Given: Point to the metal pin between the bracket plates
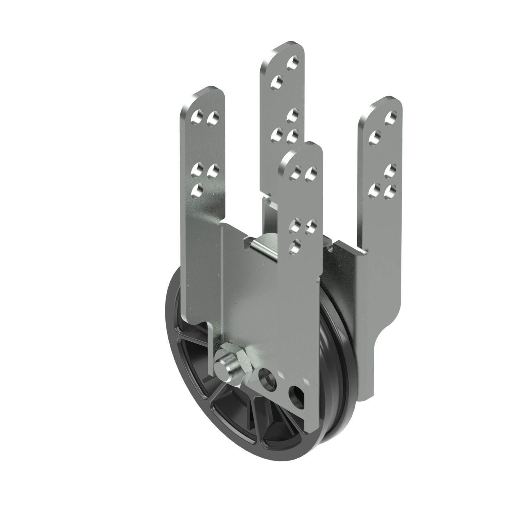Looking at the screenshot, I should pyautogui.click(x=262, y=244).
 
